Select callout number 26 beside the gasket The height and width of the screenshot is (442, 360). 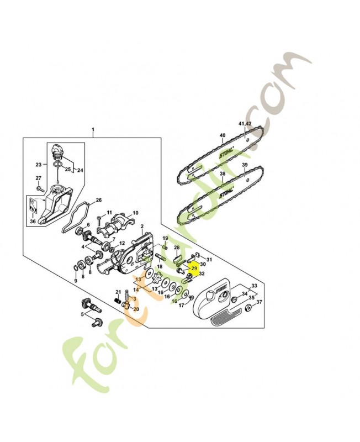tap(99, 200)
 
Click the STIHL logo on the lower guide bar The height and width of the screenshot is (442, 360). tap(226, 195)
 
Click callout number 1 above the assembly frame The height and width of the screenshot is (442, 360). tap(93, 131)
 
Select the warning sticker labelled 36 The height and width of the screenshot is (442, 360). tap(33, 207)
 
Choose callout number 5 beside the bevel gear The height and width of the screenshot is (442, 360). tap(83, 315)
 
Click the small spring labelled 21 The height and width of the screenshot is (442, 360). tap(117, 300)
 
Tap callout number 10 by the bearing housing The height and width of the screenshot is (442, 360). tap(135, 213)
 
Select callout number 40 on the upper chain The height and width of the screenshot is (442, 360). tap(223, 135)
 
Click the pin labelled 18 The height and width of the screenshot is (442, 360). tap(164, 256)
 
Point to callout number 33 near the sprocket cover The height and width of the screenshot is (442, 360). tap(255, 286)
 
